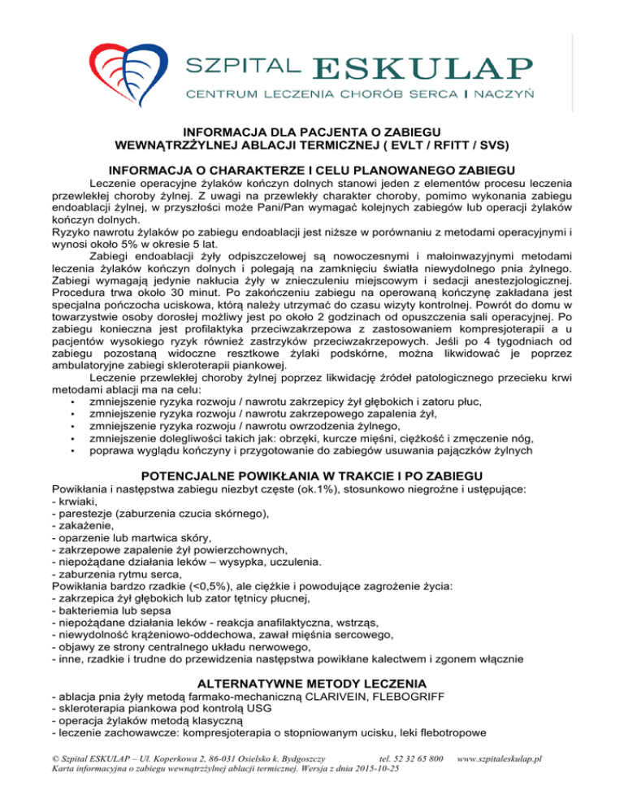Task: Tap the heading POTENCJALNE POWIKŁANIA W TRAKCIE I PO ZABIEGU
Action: (x=311, y=475)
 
